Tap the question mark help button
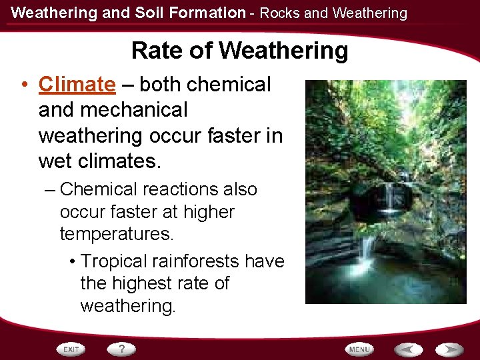(x=122, y=349)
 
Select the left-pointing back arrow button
(x=409, y=349)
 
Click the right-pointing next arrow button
(x=450, y=349)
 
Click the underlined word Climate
(x=77, y=85)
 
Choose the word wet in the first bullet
(x=55, y=161)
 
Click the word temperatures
(x=117, y=235)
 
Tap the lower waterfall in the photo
(x=367, y=250)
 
